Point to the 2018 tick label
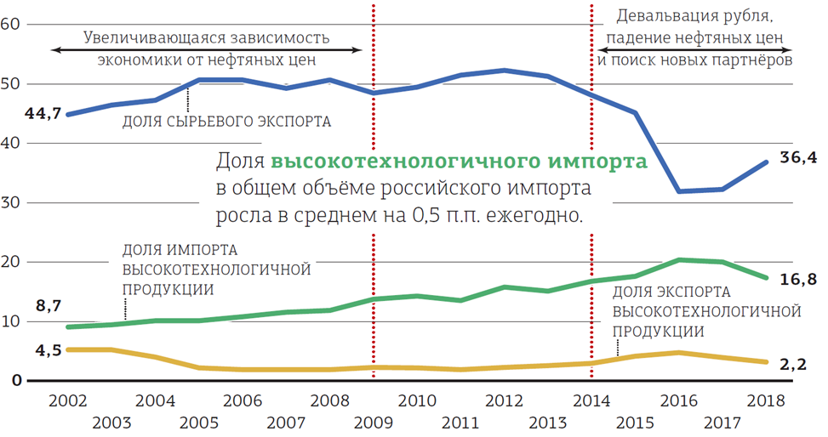(766, 400)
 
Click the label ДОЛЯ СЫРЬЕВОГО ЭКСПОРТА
(226, 121)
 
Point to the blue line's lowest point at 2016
(678, 190)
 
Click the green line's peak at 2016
(678, 259)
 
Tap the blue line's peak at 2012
(504, 70)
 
